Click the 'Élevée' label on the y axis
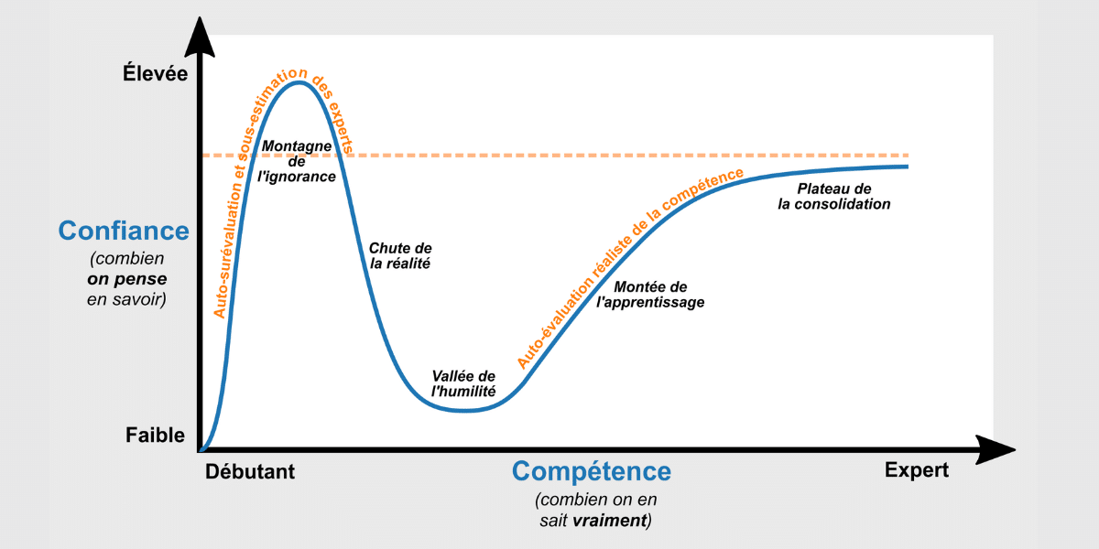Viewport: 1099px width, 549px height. coord(155,73)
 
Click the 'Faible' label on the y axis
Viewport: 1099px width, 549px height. coord(155,436)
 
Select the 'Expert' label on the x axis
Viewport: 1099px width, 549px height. coord(917,470)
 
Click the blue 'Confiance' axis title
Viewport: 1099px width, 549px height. coord(124,231)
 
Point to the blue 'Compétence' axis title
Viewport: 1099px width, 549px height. coord(591,472)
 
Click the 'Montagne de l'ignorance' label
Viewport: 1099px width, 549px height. coord(297,161)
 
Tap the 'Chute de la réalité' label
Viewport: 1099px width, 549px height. coord(400,255)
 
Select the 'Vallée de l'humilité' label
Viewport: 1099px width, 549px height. coord(463,383)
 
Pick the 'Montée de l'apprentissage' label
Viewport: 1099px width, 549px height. coord(650,294)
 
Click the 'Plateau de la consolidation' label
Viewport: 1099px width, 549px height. coord(833,196)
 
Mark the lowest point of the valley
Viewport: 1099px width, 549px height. coord(465,411)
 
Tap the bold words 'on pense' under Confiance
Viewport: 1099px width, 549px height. coord(127,279)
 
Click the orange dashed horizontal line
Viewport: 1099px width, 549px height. coord(641,156)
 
